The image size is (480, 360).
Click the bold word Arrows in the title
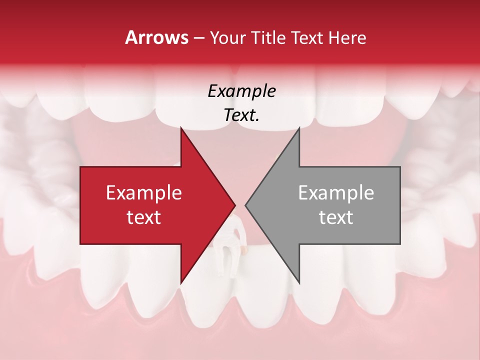[x=157, y=37]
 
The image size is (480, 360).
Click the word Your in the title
[x=227, y=37]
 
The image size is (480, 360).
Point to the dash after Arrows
[x=198, y=38]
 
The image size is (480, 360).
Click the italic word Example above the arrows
[x=241, y=91]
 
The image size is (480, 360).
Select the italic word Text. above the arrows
[x=241, y=115]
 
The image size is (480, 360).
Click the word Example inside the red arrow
[x=144, y=192]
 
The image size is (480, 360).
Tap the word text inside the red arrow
[x=144, y=217]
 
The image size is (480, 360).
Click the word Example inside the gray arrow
[x=336, y=192]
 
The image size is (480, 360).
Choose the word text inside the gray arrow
[x=336, y=217]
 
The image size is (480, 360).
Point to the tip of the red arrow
[x=235, y=205]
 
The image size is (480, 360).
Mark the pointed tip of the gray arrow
[x=245, y=205]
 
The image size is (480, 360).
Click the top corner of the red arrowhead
[x=181, y=128]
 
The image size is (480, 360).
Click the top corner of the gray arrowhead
[x=299, y=128]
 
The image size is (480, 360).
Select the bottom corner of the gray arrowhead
[x=299, y=283]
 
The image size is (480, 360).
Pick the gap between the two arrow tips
[x=240, y=205]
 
